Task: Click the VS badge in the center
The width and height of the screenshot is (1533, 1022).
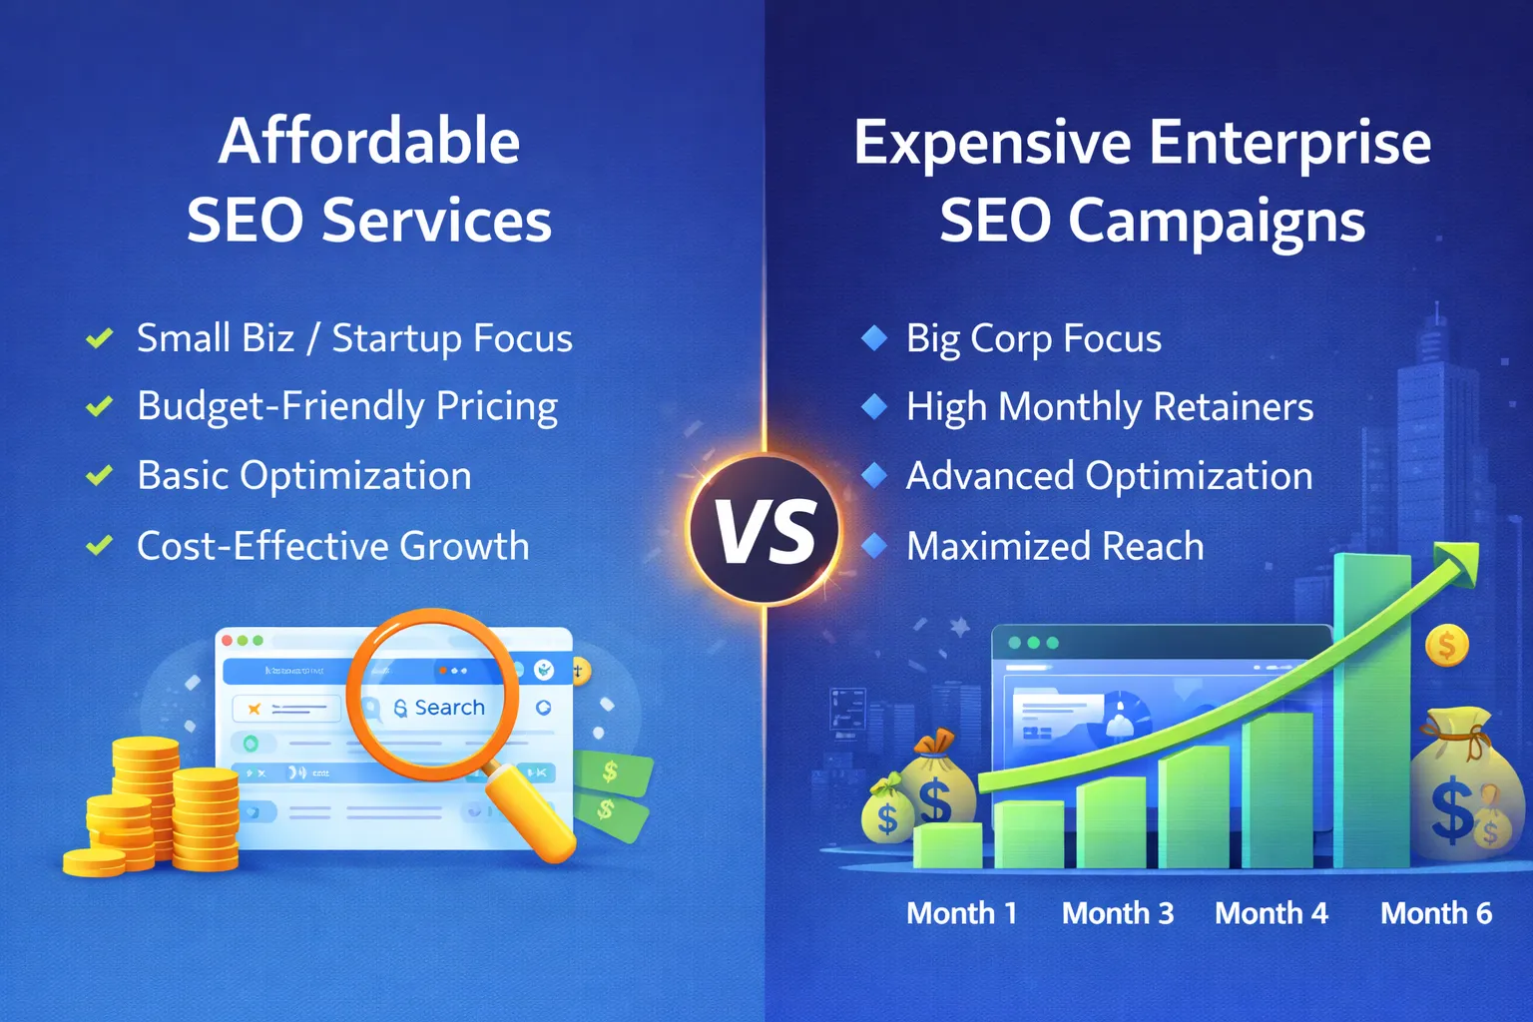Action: pyautogui.click(x=765, y=530)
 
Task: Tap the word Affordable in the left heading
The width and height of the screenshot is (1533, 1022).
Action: pyautogui.click(x=369, y=141)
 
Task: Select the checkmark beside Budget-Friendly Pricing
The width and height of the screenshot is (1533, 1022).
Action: pyautogui.click(x=99, y=406)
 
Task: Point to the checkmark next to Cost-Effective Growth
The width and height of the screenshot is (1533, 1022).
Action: pyautogui.click(x=99, y=546)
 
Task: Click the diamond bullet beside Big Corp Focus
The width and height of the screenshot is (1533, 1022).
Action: pyautogui.click(x=874, y=338)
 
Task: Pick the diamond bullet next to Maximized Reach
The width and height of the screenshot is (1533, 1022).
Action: pyautogui.click(x=874, y=546)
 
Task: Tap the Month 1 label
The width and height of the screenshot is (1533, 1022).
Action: pyautogui.click(x=961, y=913)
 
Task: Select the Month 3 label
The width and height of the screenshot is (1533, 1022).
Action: pyautogui.click(x=1117, y=913)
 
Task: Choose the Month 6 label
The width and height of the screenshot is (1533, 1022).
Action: pyautogui.click(x=1435, y=913)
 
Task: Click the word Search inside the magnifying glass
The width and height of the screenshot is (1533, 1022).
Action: pyautogui.click(x=449, y=708)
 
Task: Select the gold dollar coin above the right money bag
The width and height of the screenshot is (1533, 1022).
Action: pyautogui.click(x=1446, y=646)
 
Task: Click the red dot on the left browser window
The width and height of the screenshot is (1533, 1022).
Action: pyautogui.click(x=227, y=641)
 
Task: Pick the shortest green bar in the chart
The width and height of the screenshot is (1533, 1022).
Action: pyautogui.click(x=948, y=846)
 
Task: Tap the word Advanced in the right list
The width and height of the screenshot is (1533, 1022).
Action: pyautogui.click(x=989, y=476)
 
